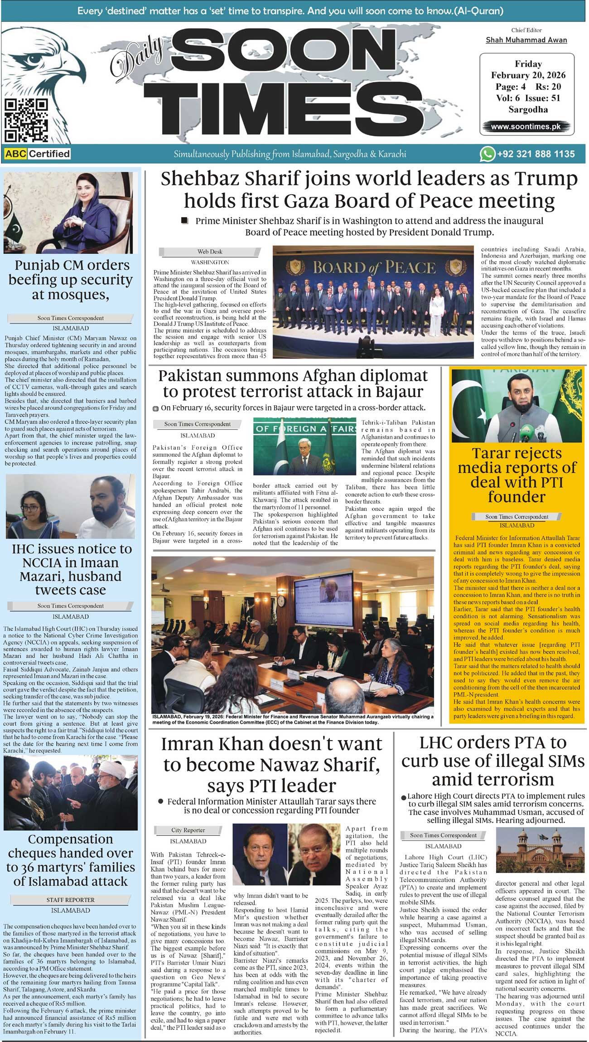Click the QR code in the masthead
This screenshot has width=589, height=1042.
(26, 120)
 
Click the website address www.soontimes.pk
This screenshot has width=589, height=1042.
(526, 127)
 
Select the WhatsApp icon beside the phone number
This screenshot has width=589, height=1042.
(487, 154)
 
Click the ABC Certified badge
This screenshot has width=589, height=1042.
(37, 154)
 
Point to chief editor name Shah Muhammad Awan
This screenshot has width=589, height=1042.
(526, 40)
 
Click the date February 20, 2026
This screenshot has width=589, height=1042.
(528, 75)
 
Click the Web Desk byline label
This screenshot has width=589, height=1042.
(210, 252)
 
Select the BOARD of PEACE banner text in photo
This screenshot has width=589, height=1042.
(374, 267)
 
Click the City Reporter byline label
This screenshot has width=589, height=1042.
(188, 830)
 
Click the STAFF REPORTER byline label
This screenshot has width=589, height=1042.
(70, 900)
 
